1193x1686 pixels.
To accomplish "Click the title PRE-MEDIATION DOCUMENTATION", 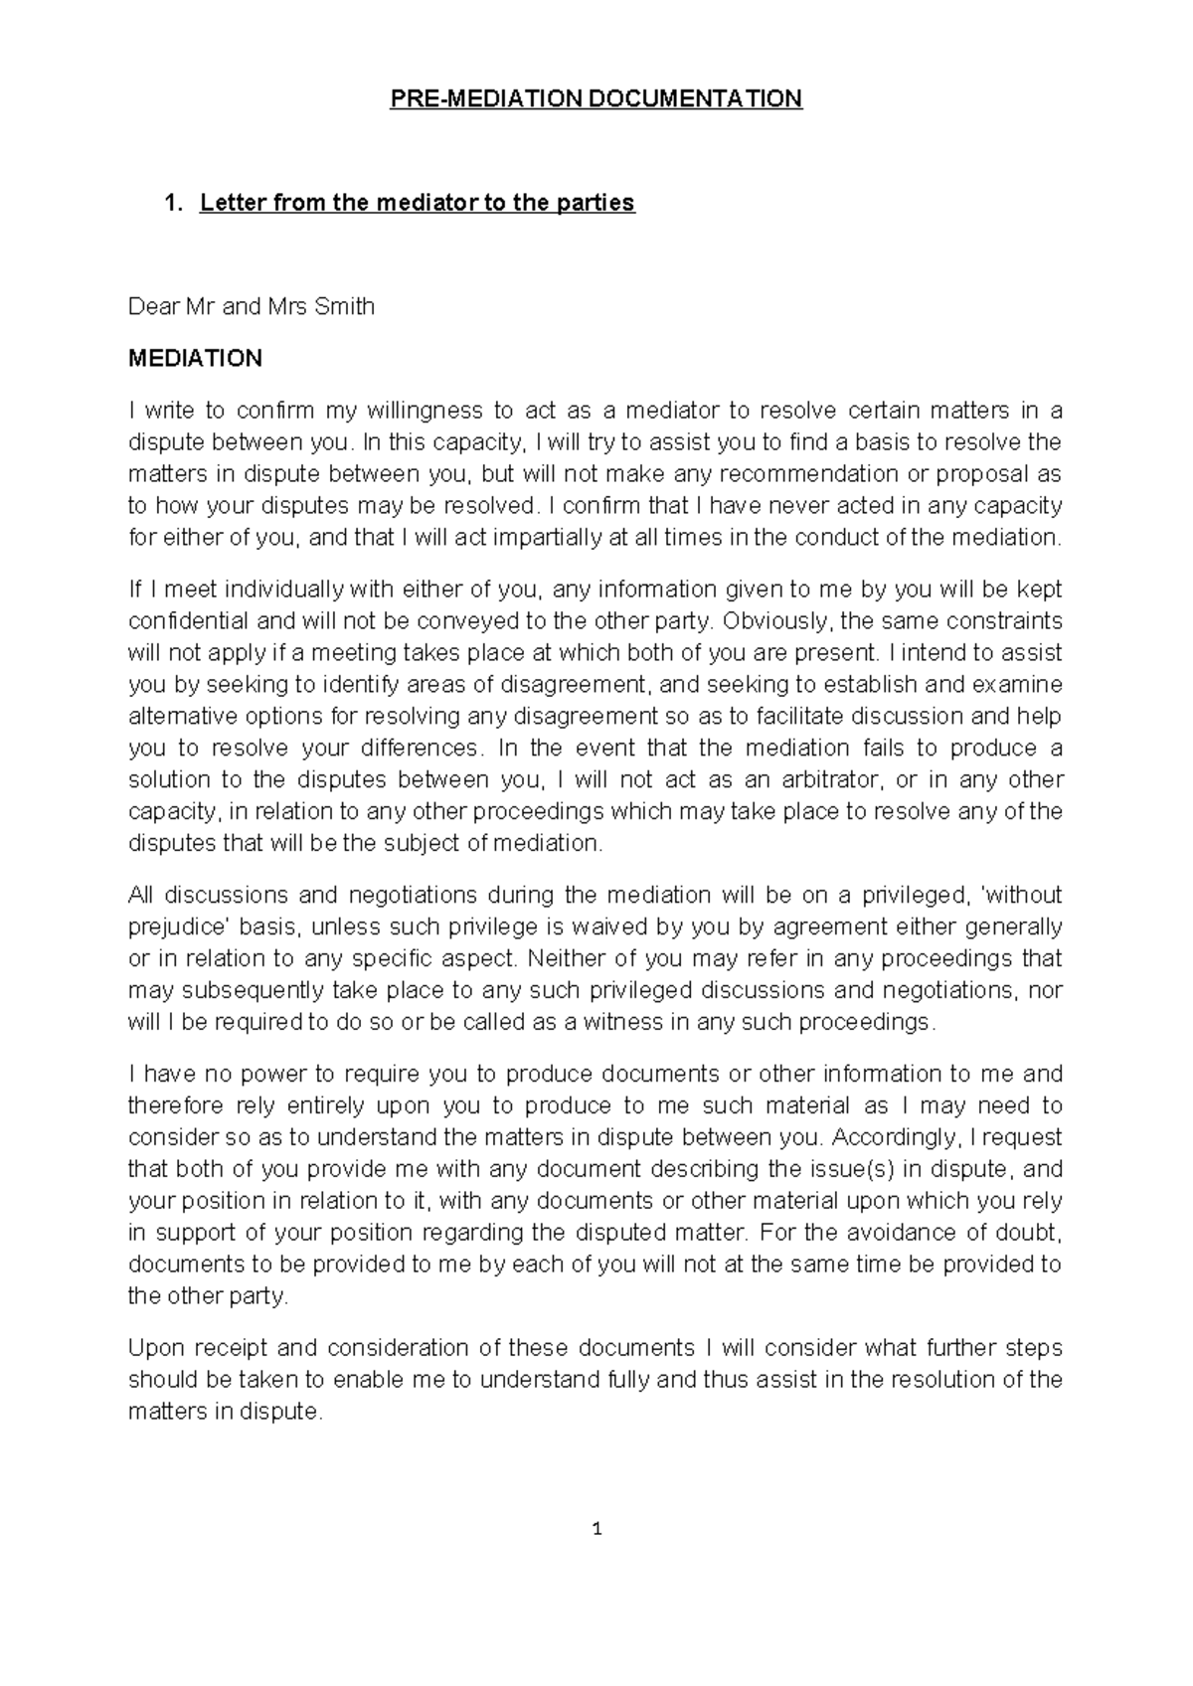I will click(x=596, y=98).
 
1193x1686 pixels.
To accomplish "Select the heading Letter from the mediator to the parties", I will click(x=417, y=204).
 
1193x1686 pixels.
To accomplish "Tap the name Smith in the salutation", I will click(x=344, y=307).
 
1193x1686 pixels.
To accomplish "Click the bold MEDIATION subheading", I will click(x=195, y=359).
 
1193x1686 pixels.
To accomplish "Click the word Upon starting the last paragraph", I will click(x=154, y=1348).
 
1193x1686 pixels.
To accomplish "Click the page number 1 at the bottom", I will click(x=596, y=1530).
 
